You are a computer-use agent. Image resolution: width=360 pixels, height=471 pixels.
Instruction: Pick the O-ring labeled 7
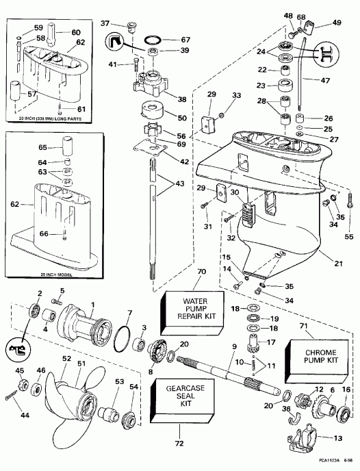coord(123,339)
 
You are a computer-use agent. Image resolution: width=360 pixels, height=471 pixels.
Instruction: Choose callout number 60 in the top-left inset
coord(75,32)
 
